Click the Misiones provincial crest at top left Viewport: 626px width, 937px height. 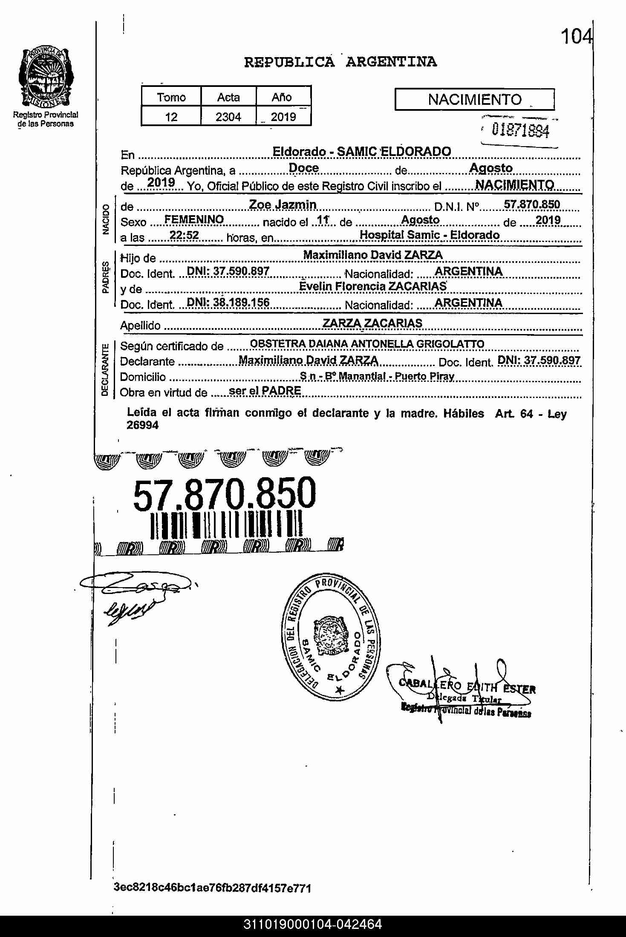(45, 78)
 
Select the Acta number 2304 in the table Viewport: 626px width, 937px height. (228, 117)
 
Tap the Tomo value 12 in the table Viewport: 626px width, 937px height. (171, 117)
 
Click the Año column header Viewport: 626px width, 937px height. (282, 97)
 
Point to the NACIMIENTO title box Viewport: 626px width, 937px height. (474, 100)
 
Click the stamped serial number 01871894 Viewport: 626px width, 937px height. (520, 130)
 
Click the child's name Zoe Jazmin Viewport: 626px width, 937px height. (283, 205)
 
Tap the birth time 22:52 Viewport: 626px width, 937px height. (184, 236)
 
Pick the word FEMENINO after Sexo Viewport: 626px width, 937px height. (194, 220)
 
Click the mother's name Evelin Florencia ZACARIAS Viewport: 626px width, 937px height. (373, 286)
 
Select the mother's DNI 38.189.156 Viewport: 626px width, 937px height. (228, 303)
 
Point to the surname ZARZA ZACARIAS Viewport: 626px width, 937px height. (372, 323)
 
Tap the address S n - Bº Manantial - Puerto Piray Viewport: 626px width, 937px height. (377, 376)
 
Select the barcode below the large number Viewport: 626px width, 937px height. (227, 525)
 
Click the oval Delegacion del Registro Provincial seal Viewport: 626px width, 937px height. (332, 637)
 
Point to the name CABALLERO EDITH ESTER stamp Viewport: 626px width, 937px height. (467, 686)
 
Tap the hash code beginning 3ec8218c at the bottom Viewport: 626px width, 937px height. (212, 888)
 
